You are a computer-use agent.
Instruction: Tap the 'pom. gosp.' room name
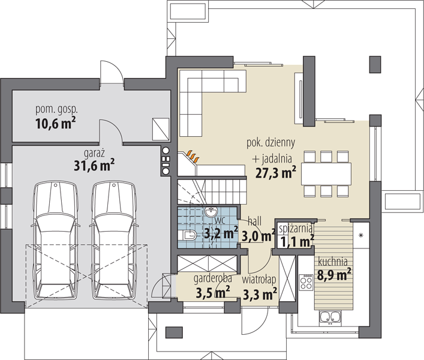(x=56, y=110)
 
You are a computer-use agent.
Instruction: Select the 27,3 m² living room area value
(x=275, y=173)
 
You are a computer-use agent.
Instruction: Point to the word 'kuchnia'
(x=333, y=262)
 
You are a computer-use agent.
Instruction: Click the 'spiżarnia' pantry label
(x=295, y=229)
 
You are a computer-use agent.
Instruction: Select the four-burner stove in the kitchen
(x=306, y=283)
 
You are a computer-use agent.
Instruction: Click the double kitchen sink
(x=330, y=317)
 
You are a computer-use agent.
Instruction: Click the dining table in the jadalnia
(x=326, y=173)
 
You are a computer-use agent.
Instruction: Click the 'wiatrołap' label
(x=259, y=280)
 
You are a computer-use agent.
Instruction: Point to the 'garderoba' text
(x=212, y=278)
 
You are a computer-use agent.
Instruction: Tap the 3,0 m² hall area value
(x=258, y=236)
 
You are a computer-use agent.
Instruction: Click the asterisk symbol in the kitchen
(x=360, y=236)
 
